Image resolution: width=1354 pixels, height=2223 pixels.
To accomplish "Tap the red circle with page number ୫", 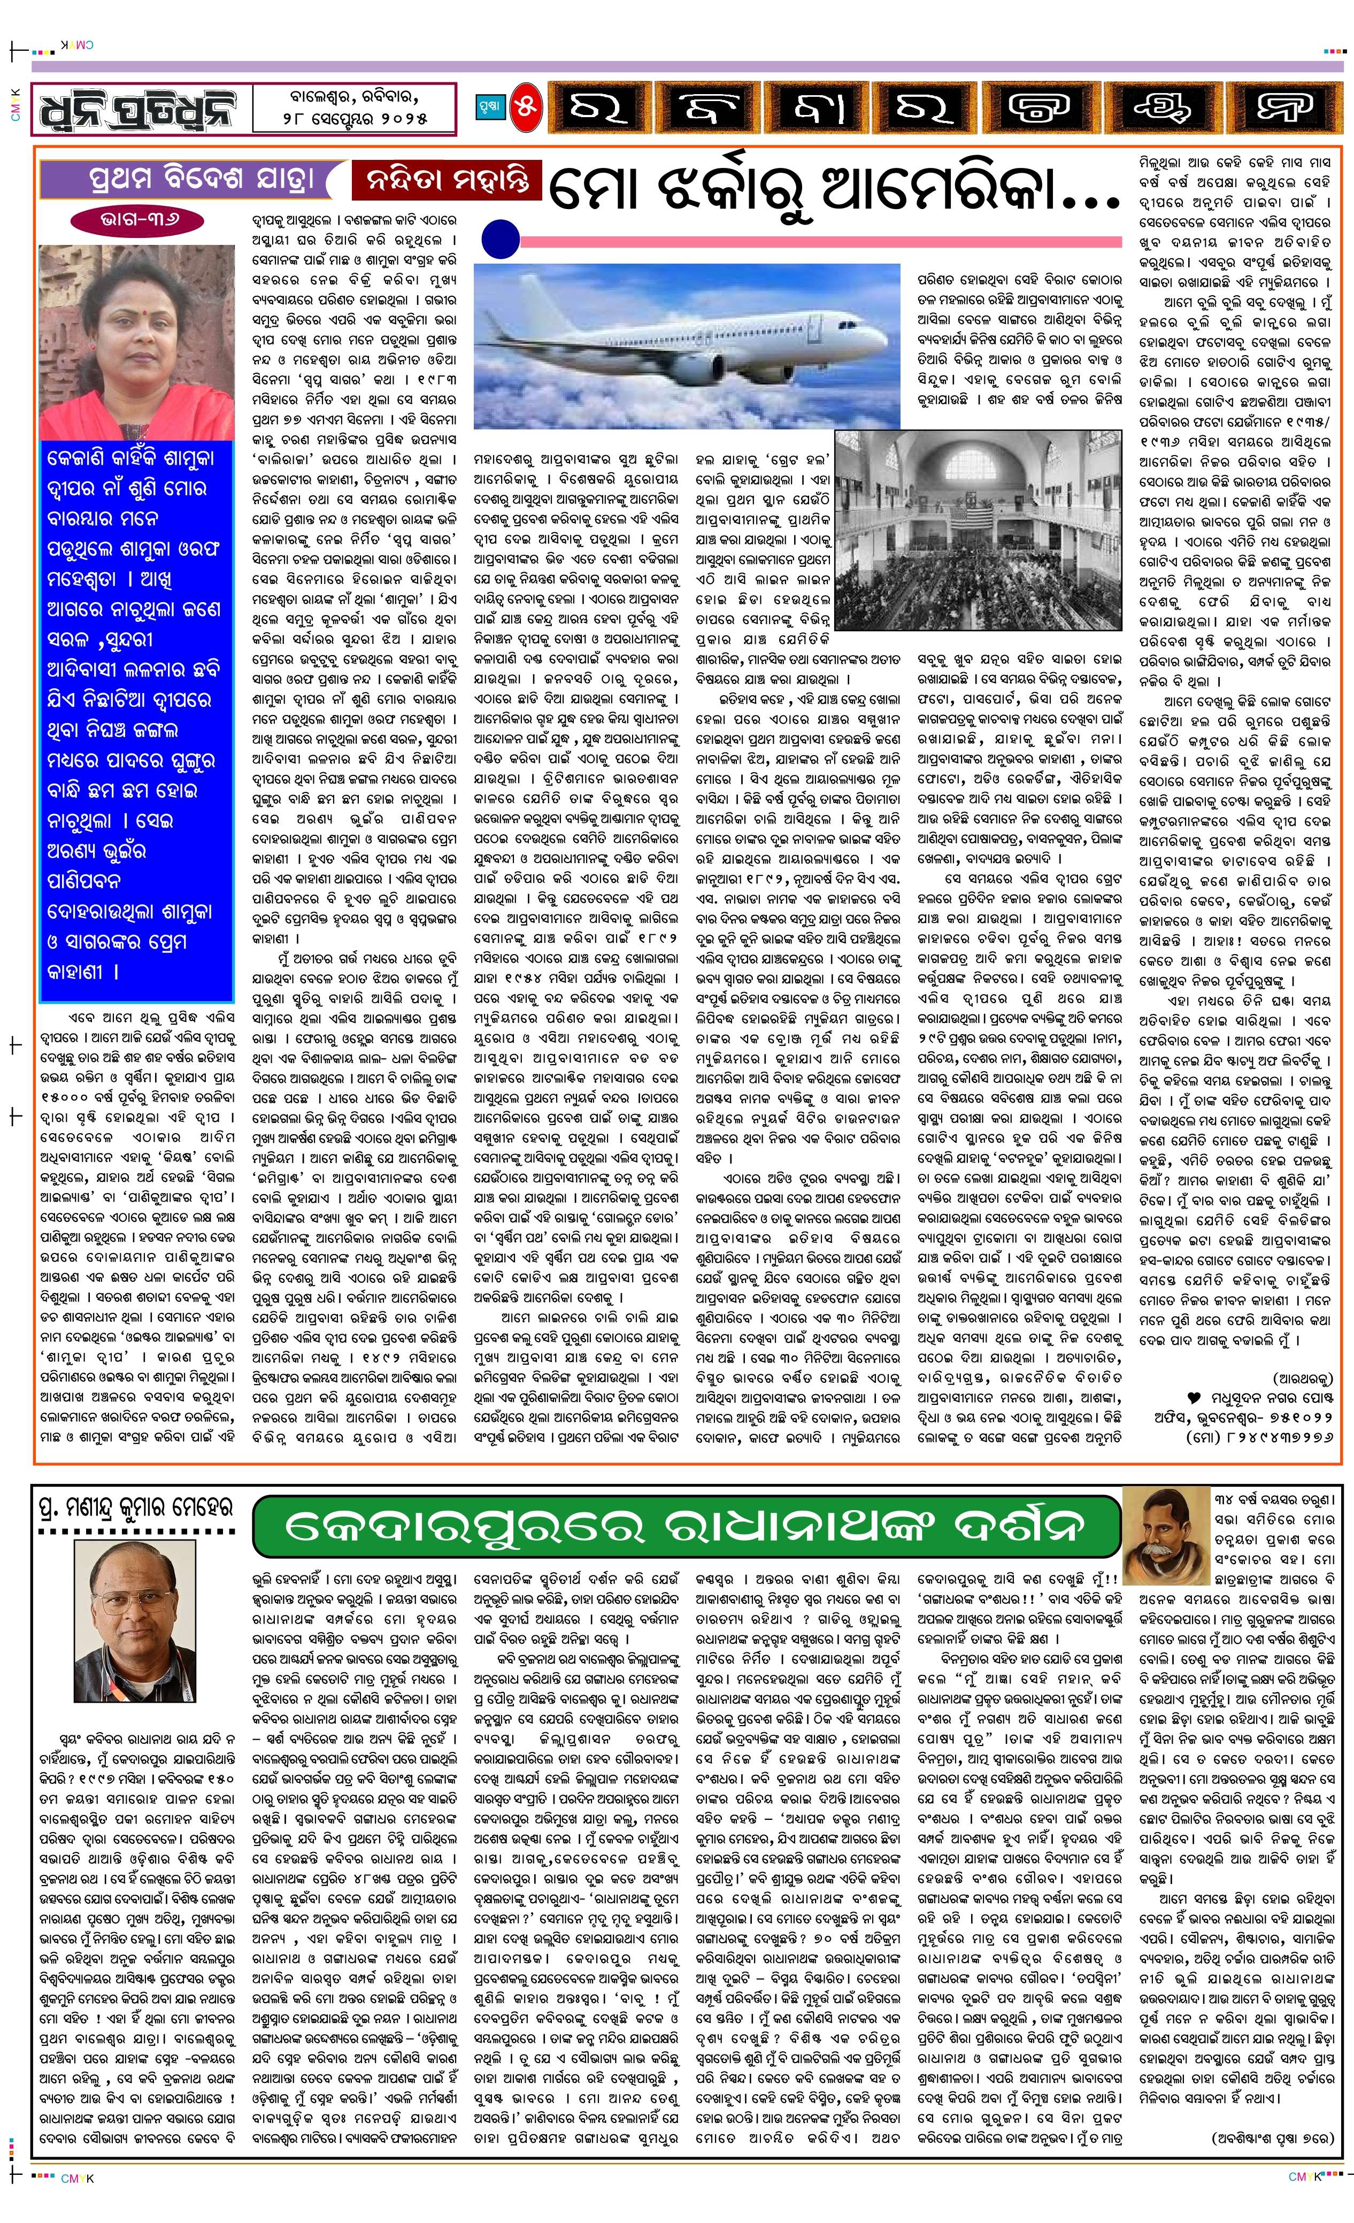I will click(526, 108).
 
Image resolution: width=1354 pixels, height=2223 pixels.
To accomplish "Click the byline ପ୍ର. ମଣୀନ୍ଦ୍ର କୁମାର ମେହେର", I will click(135, 1507).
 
